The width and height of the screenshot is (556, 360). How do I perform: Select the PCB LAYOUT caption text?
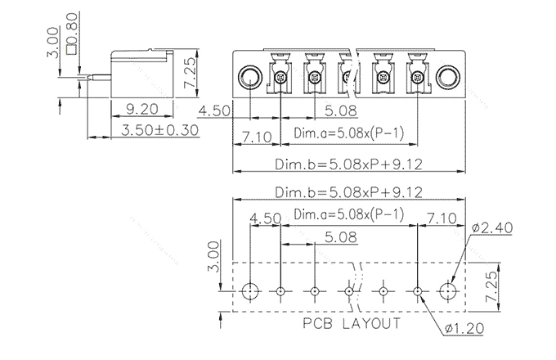click(352, 323)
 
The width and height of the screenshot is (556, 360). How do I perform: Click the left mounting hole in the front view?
click(250, 78)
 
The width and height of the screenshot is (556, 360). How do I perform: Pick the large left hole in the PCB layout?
click(251, 290)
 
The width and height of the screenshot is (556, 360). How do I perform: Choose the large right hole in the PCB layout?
click(447, 290)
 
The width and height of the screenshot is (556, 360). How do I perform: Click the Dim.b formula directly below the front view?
click(347, 164)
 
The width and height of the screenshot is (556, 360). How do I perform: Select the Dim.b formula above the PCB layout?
click(347, 193)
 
